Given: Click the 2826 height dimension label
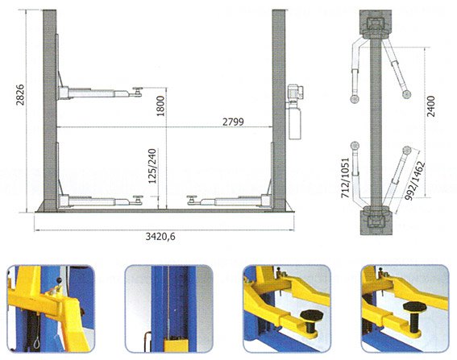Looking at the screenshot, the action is click(x=20, y=95).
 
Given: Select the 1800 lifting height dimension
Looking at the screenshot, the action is click(x=160, y=106).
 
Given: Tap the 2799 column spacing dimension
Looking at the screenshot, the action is click(x=233, y=122).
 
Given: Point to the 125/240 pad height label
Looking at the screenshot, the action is click(x=152, y=166).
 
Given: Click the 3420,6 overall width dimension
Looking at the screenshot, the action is click(x=160, y=237).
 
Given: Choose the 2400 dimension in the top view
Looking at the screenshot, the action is click(x=430, y=106).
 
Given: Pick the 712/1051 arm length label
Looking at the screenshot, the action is click(x=346, y=178).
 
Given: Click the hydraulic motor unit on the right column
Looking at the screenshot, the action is click(x=295, y=112).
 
